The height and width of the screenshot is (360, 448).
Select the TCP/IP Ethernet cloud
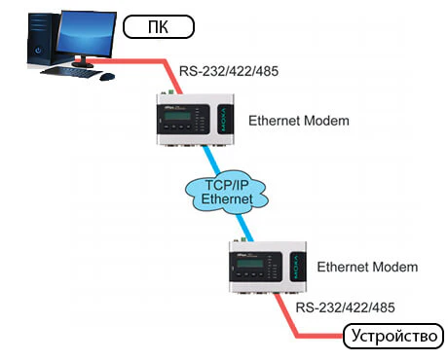click(227, 192)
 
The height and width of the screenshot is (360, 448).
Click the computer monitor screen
click(87, 35)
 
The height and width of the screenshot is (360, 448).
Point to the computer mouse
click(107, 77)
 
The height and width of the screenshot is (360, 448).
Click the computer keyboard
click(71, 72)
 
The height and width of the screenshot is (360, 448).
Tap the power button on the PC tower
click(39, 51)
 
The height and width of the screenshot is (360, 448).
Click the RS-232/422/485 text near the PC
click(229, 71)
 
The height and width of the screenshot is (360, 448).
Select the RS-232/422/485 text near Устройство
click(345, 307)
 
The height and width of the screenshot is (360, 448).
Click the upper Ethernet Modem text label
click(299, 121)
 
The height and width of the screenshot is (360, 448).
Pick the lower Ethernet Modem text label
click(367, 267)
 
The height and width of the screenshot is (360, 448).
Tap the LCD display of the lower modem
click(250, 264)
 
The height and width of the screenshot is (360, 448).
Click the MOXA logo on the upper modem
click(224, 120)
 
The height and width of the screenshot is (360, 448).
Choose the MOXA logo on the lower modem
click(296, 267)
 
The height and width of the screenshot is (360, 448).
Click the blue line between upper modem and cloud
click(211, 160)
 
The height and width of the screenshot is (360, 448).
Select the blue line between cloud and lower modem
click(244, 228)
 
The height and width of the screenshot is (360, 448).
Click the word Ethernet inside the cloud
click(227, 198)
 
